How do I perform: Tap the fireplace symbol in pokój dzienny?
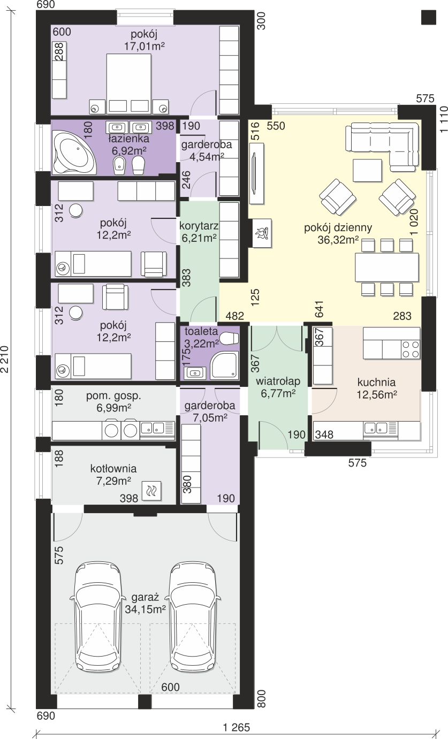coord(262,233)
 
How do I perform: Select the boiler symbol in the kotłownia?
coord(152,491)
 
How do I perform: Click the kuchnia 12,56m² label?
coord(376,388)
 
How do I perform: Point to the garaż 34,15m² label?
coord(145,603)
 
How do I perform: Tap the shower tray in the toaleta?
coord(224,365)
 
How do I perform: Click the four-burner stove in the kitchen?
coord(411,350)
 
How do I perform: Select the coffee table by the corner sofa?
coord(367,171)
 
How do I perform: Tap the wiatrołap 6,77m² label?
coord(278,387)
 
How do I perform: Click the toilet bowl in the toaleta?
coord(230,338)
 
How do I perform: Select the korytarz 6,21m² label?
coord(199,232)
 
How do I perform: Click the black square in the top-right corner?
coord(429,17)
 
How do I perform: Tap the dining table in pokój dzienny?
coord(387,267)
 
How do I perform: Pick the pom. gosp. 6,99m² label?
coord(114,401)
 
